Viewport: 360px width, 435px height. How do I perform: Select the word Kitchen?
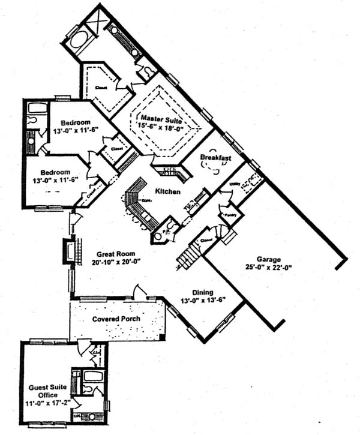168,191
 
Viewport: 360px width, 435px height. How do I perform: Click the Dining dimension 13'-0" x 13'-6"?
204,300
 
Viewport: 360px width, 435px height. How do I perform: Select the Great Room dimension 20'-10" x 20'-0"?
109,262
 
